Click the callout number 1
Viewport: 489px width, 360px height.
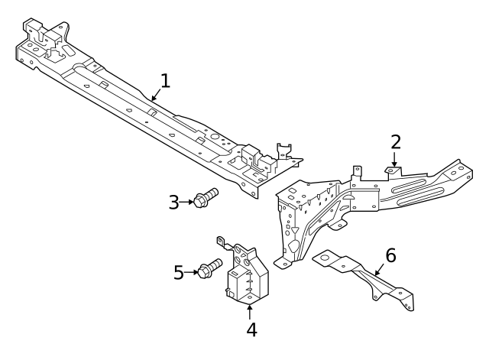pos(166,81)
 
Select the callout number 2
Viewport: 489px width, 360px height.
pos(395,141)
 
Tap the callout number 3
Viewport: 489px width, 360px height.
pos(174,202)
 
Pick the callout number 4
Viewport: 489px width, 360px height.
pos(251,330)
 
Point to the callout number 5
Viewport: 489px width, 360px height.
pos(179,271)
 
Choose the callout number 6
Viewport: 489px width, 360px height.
pos(390,255)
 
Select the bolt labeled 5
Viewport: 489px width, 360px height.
pos(209,268)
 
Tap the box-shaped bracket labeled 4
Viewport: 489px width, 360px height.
pos(248,279)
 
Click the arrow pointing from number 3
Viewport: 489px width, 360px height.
pos(187,202)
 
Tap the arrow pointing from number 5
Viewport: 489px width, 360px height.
pos(192,271)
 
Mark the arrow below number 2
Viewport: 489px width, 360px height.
pos(395,161)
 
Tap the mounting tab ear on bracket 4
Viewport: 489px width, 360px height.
pos(224,242)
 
